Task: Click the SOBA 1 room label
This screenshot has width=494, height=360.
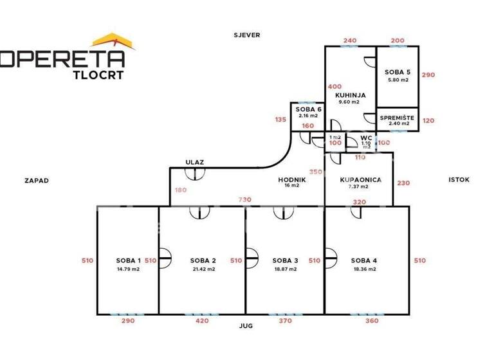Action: (128, 260)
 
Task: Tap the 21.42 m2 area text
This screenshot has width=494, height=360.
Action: (203, 269)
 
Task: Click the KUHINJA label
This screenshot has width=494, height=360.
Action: (350, 94)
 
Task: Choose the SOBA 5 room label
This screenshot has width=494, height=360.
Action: (398, 71)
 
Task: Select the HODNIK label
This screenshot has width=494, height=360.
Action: (291, 179)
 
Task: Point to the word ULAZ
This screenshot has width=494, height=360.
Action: (195, 163)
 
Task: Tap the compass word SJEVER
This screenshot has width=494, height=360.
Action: (247, 35)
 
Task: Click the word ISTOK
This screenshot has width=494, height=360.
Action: (459, 180)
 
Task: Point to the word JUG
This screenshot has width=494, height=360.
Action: (245, 326)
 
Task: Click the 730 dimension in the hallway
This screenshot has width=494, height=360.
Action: (244, 199)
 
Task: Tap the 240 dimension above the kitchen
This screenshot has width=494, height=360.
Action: (350, 40)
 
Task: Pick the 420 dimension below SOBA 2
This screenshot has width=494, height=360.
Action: (201, 320)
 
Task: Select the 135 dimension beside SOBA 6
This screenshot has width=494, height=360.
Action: (280, 119)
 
